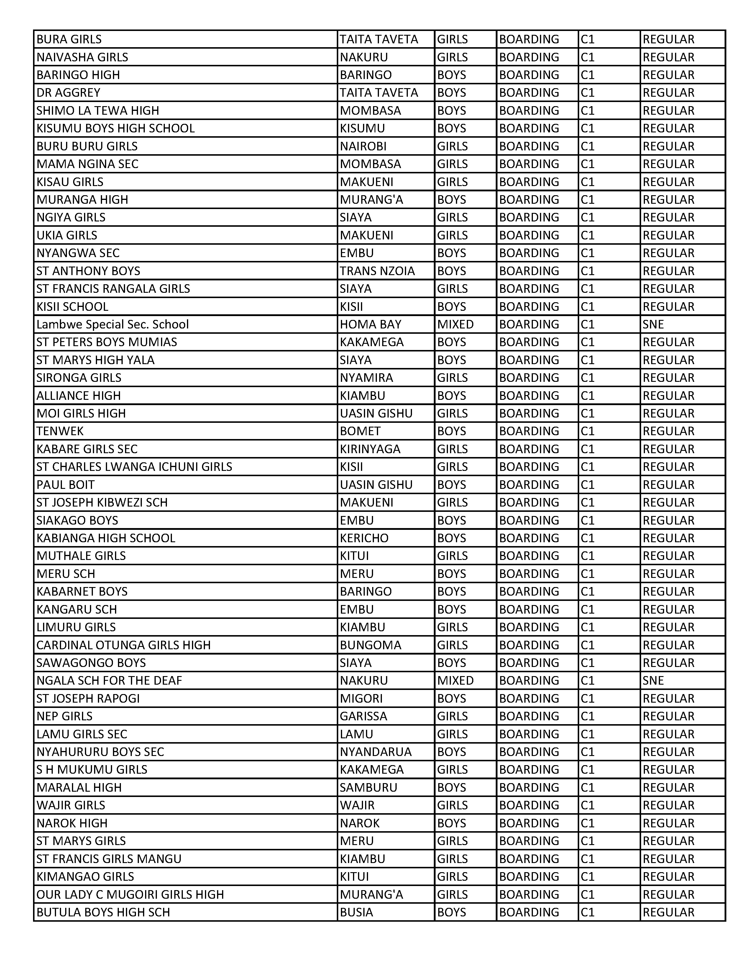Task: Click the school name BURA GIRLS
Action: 69,39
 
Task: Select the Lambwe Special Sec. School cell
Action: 113,324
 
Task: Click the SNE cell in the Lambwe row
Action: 653,324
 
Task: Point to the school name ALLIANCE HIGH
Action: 78,396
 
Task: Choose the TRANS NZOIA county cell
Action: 377,271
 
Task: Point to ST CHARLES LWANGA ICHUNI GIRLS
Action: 134,467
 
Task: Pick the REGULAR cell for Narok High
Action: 668,823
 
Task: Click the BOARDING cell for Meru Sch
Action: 529,573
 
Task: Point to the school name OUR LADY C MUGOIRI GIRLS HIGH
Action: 130,894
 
